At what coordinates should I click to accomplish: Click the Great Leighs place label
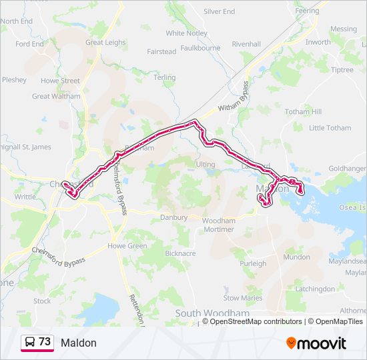click(105, 42)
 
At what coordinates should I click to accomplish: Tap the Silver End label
click(219, 11)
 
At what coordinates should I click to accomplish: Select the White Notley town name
click(186, 33)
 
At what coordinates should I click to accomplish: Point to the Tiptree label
click(342, 70)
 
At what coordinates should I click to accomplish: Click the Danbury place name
click(174, 217)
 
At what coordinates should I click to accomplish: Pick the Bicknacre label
click(179, 253)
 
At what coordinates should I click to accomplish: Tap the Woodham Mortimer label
click(218, 225)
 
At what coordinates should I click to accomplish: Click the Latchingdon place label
click(315, 289)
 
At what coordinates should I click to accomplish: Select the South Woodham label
click(212, 313)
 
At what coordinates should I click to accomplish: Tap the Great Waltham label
click(56, 96)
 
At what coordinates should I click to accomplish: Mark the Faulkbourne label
click(200, 48)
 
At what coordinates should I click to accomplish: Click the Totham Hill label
click(303, 112)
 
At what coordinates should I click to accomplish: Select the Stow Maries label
click(243, 298)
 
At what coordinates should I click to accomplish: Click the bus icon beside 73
click(30, 342)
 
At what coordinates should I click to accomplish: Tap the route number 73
click(45, 342)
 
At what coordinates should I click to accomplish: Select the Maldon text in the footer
click(79, 343)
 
